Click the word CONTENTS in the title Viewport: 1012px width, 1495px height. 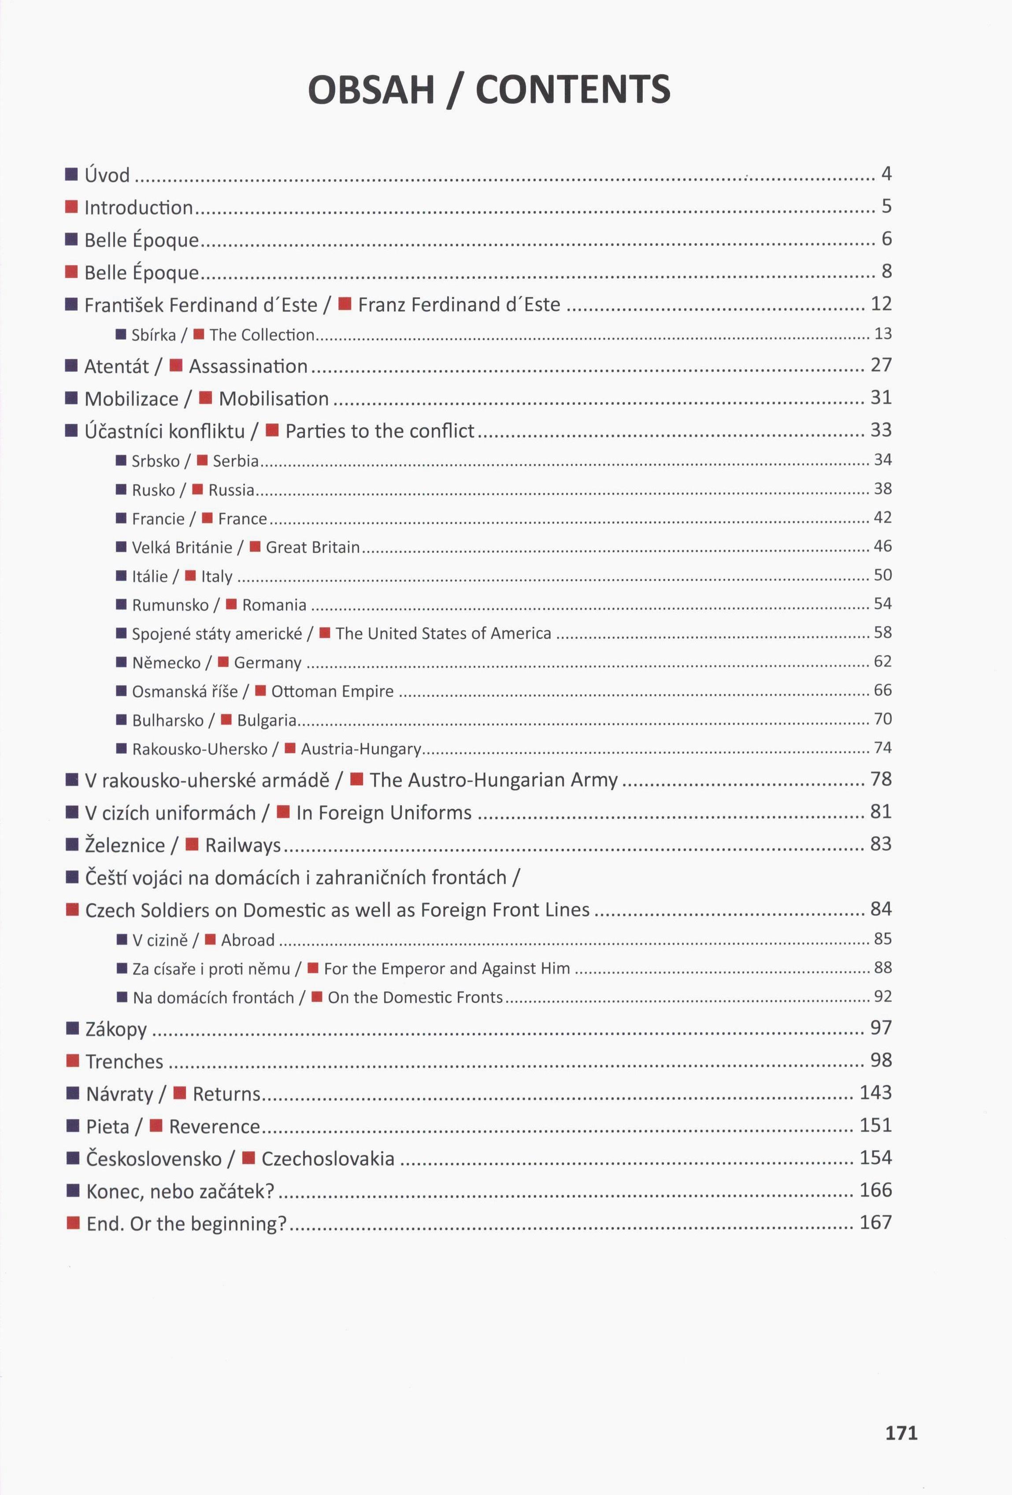tap(573, 89)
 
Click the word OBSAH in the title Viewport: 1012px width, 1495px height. tap(371, 89)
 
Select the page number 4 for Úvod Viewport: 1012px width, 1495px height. tap(886, 174)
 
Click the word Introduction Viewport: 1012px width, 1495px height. tap(138, 207)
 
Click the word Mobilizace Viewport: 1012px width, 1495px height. tap(131, 399)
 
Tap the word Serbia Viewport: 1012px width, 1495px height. tap(235, 461)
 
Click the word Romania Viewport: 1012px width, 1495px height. tap(274, 605)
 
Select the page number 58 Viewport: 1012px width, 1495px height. tap(882, 633)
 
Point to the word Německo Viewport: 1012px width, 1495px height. tap(166, 662)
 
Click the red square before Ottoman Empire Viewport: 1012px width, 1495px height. tap(260, 691)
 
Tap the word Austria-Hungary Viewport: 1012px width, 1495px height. tap(360, 749)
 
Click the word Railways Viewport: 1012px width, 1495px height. tap(243, 845)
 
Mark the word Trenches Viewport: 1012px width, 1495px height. tap(124, 1062)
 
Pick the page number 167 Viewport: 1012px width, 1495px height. tap(875, 1222)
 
